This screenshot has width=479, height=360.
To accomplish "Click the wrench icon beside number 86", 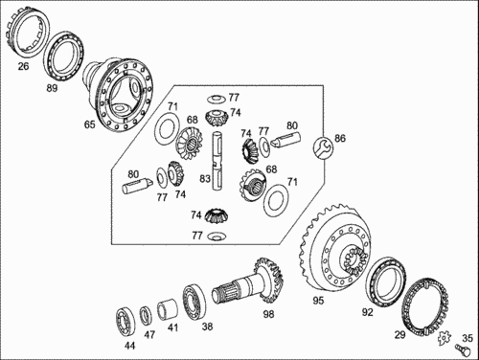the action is (x=323, y=147).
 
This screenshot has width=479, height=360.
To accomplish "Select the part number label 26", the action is (x=23, y=66).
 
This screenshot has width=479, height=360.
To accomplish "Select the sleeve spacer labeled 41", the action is (x=168, y=308).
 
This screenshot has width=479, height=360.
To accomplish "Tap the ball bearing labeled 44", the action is (x=125, y=322).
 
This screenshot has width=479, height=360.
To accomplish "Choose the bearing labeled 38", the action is (x=194, y=302).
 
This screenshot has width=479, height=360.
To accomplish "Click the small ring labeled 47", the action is (x=146, y=315).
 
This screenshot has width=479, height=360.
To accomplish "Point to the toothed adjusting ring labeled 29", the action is (x=424, y=307).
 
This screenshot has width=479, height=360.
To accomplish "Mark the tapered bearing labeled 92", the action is (x=386, y=281).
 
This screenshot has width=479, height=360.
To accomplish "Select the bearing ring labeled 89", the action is (x=63, y=56).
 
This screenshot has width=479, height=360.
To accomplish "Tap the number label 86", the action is (x=340, y=138).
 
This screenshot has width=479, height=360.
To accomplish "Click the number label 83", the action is (x=205, y=179).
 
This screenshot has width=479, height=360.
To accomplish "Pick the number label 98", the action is (x=268, y=314).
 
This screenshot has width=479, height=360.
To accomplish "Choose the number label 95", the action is (x=318, y=301).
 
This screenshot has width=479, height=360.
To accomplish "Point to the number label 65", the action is (x=90, y=124).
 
